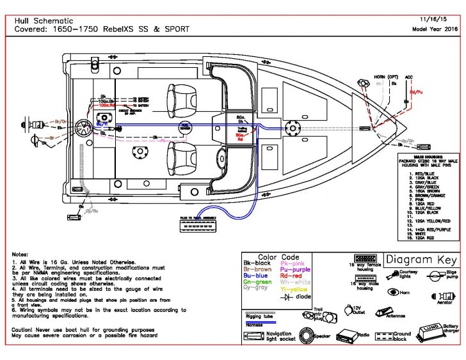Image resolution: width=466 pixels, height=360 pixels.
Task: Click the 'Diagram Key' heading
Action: point(421,260)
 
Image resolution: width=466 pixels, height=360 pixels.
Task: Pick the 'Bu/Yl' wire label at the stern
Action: point(102,123)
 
